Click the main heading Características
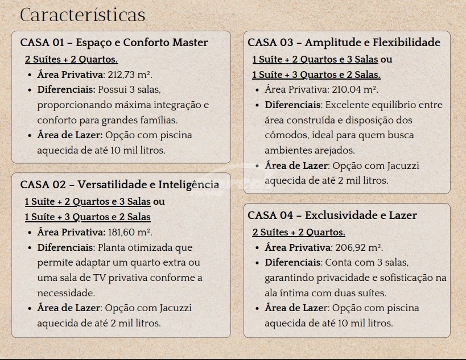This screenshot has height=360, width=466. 83,15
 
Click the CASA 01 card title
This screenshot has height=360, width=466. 114,43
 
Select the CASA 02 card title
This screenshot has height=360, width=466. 119,184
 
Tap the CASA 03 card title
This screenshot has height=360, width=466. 344,43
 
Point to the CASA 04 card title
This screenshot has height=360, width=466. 332,216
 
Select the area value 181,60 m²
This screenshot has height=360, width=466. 130,232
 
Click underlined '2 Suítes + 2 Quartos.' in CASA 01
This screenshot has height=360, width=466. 71,59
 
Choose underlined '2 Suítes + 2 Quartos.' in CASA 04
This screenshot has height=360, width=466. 299,232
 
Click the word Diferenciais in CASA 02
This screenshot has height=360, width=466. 65,247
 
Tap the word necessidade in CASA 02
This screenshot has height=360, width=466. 65,293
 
